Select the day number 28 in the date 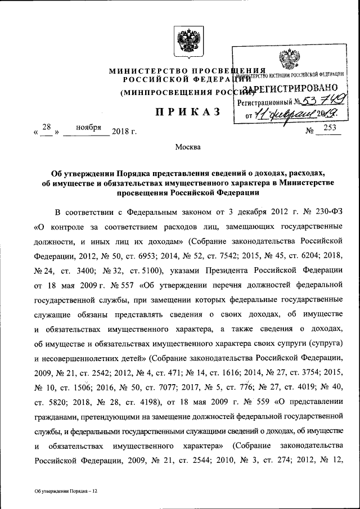point(47,128)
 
